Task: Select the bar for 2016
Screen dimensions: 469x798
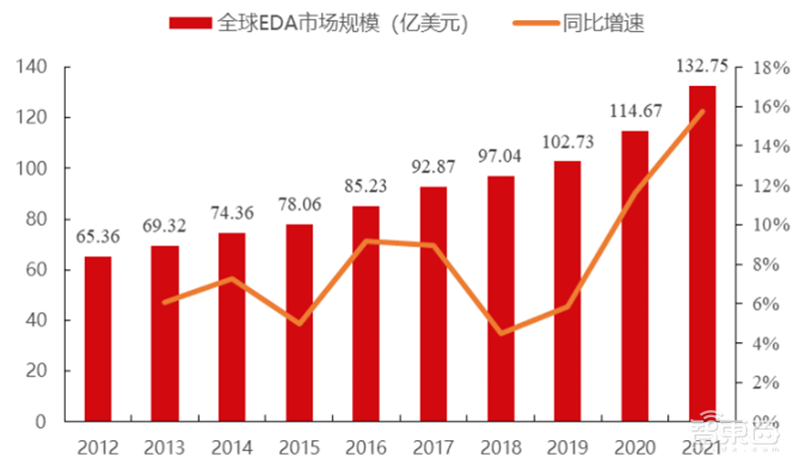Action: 366,314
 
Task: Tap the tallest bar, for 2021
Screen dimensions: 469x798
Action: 702,254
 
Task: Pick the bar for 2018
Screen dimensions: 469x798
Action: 501,299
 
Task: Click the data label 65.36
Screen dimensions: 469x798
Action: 98,238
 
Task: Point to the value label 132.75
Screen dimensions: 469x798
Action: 702,67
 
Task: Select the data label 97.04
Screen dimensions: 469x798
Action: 501,158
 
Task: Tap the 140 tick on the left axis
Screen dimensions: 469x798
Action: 34,68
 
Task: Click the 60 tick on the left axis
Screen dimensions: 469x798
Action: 38,269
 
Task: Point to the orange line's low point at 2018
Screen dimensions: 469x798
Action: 501,332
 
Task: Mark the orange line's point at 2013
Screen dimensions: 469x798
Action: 165,301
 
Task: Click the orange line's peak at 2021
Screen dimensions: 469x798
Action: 702,111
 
